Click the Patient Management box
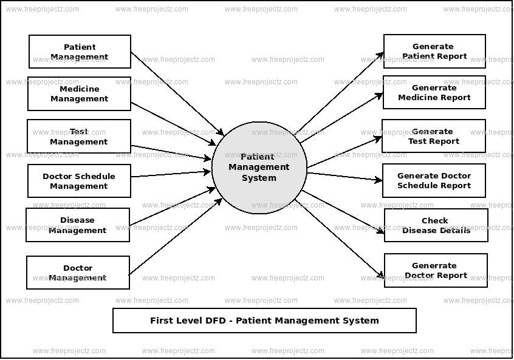coord(80,52)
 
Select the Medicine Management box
coord(79,93)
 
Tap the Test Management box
coord(79,136)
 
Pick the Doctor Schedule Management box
coord(79,181)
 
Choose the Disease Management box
coord(78,225)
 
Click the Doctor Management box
coord(78,273)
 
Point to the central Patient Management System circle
coord(259,168)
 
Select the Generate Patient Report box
coord(434,51)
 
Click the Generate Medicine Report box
coord(434,92)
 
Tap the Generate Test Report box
coord(434,136)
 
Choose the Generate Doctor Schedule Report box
coord(434,180)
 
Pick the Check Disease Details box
coord(436,225)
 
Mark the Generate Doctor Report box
coord(436,270)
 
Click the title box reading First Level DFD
coord(264,321)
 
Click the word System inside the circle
coord(259,178)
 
